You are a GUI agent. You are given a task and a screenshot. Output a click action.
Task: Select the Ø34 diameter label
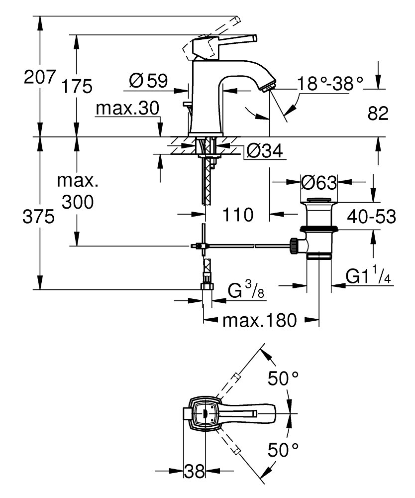pyautogui.click(x=265, y=150)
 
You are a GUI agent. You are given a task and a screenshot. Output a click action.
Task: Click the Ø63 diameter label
pyautogui.click(x=319, y=183)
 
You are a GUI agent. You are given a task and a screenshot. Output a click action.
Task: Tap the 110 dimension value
pyautogui.click(x=237, y=215)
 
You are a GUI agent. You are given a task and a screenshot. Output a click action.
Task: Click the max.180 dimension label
pyautogui.click(x=259, y=320)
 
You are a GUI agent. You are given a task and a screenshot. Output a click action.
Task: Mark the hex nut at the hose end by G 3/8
pyautogui.click(x=206, y=286)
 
